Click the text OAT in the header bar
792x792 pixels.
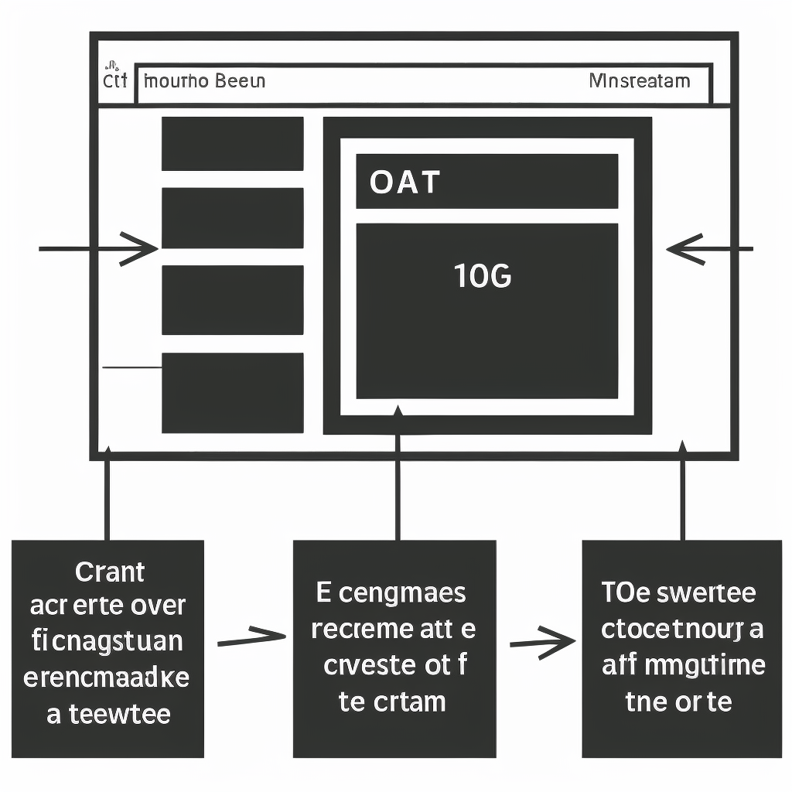click(x=405, y=183)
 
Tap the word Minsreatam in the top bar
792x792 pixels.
click(x=639, y=80)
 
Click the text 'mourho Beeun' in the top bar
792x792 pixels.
click(x=205, y=81)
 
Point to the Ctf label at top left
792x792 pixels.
click(x=114, y=80)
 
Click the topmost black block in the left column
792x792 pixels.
click(x=232, y=143)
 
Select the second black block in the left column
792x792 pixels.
click(x=232, y=217)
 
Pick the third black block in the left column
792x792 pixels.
click(x=232, y=300)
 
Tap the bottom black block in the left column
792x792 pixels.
click(x=232, y=393)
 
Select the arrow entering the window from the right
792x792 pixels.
click(x=708, y=249)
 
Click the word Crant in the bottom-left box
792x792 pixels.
click(x=110, y=572)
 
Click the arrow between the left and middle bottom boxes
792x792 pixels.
click(x=252, y=639)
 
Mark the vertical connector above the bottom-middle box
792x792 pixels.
click(x=398, y=483)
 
